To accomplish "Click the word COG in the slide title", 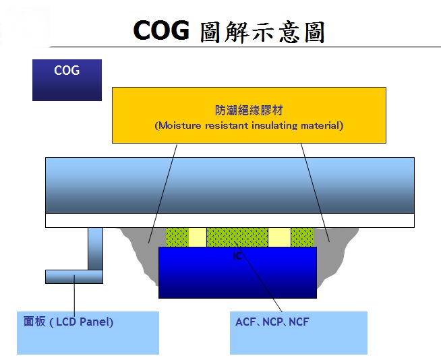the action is tap(161, 30).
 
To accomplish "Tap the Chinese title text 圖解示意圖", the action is tap(263, 32).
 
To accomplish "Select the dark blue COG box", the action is tap(67, 80).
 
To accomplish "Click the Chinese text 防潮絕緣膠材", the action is tap(249, 111).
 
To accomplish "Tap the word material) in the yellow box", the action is tap(322, 125).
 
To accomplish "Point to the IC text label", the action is tap(237, 256).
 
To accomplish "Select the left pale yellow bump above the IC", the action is tap(198, 237).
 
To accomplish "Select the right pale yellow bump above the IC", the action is tap(280, 237).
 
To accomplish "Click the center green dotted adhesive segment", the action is tap(237, 237).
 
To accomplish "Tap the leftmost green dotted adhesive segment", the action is tap(177, 237).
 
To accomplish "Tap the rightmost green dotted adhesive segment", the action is tap(302, 237).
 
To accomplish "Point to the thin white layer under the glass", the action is tap(230, 220).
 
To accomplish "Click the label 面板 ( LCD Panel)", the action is tap(68, 322).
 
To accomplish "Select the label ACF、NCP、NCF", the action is tap(272, 322).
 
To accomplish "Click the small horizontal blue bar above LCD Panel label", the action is tap(74, 276).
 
